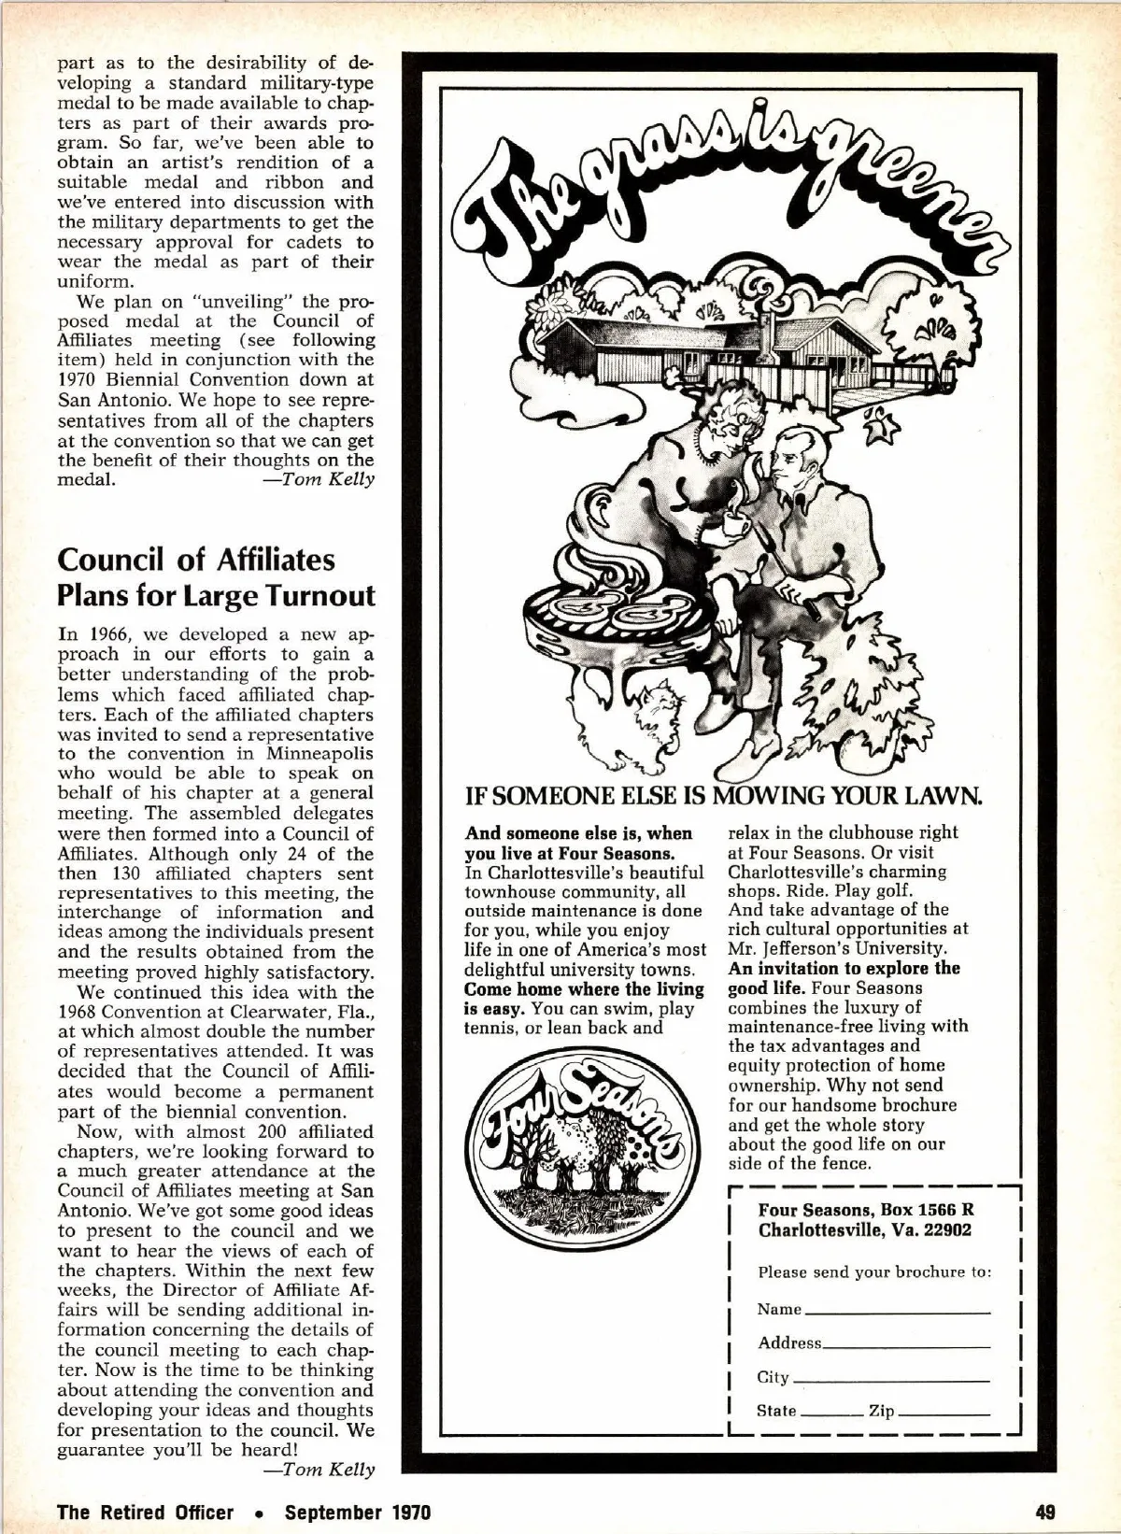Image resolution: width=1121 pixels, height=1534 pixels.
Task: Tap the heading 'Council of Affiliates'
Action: click(x=196, y=560)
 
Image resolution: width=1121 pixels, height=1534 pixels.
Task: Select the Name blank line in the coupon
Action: click(x=896, y=1311)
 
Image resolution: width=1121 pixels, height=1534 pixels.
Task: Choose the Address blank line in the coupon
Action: click(x=905, y=1344)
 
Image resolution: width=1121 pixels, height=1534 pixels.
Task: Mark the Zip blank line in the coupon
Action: click(x=944, y=1412)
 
